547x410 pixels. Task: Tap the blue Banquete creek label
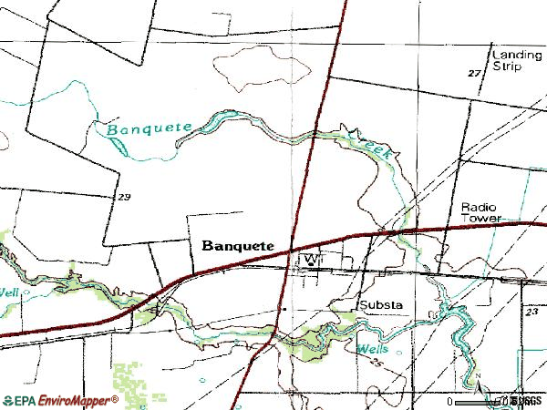click(x=143, y=128)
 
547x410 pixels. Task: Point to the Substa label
click(x=381, y=304)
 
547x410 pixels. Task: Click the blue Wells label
click(x=372, y=349)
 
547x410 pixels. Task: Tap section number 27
click(x=474, y=73)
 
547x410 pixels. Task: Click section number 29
click(x=124, y=197)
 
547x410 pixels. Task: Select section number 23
click(x=532, y=313)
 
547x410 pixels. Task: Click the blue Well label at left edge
click(x=8, y=292)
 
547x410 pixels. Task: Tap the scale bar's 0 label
click(x=450, y=402)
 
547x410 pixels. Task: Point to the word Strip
click(x=508, y=67)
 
